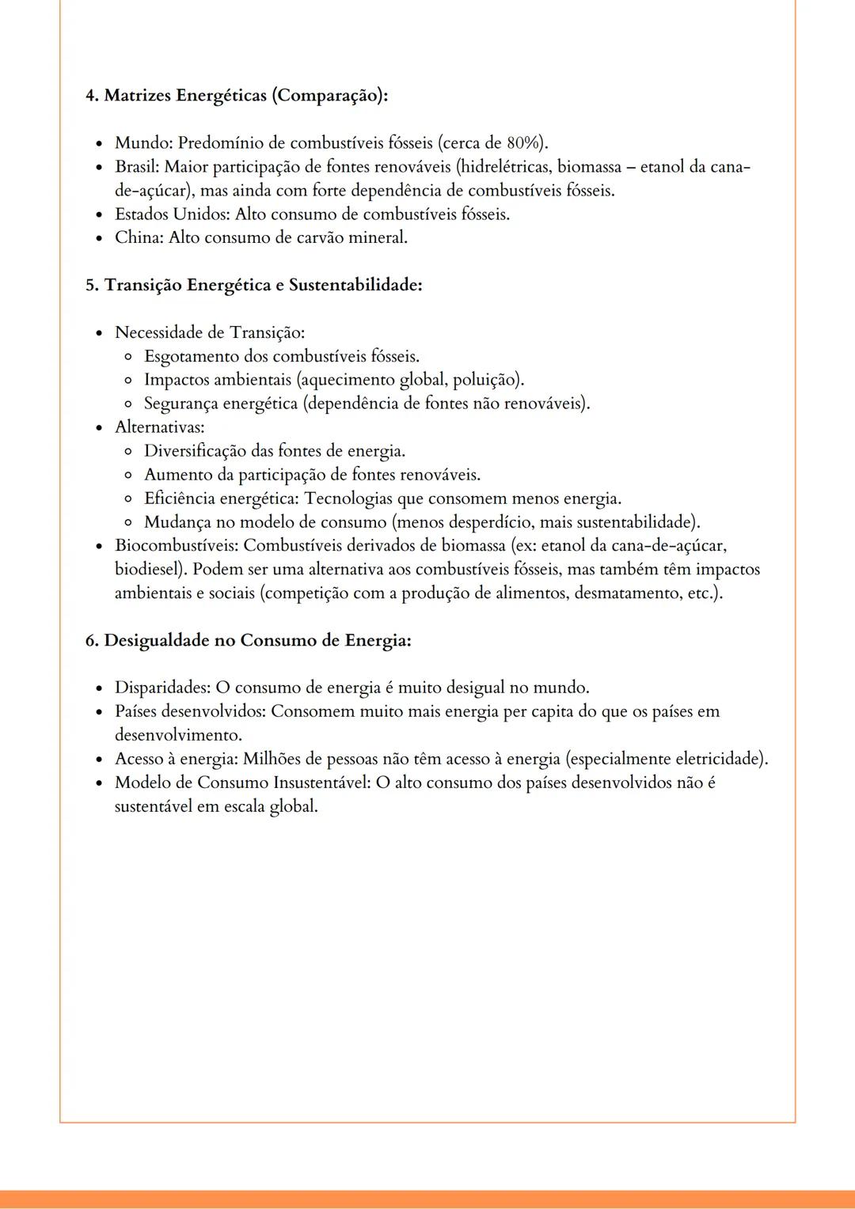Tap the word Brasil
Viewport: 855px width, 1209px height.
point(136,167)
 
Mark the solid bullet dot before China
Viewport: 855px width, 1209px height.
point(99,238)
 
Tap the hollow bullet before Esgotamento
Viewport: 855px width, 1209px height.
point(128,357)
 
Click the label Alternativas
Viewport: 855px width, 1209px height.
point(158,427)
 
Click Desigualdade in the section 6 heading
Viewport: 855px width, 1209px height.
point(156,640)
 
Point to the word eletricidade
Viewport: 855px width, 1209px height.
point(718,760)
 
